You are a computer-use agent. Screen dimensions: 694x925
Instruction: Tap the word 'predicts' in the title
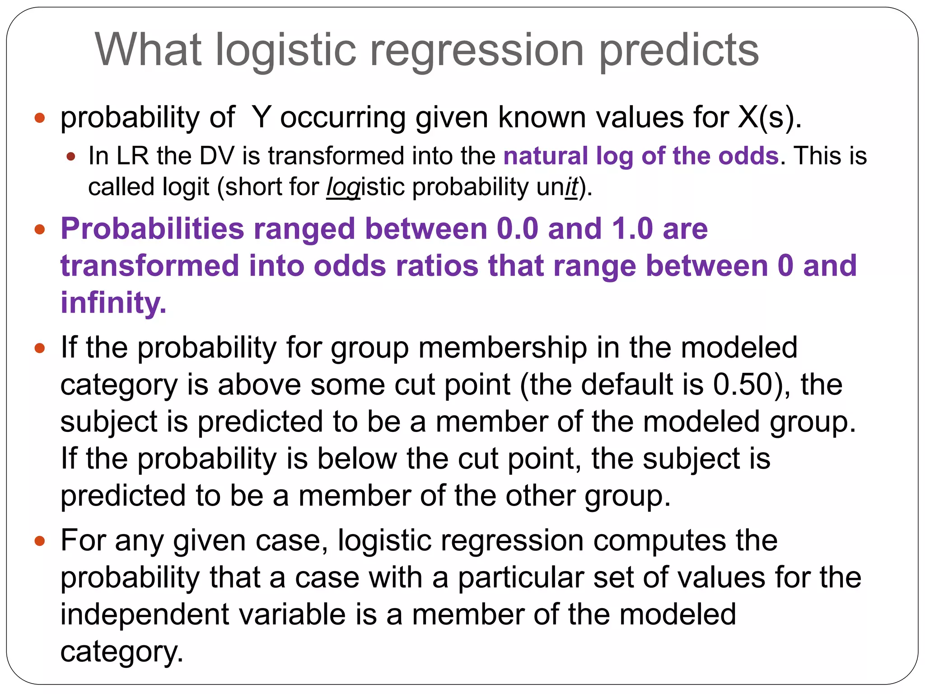tap(679, 51)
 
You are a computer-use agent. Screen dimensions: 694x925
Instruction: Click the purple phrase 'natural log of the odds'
tap(641, 156)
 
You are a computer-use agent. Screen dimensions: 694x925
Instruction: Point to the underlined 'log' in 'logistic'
tap(343, 187)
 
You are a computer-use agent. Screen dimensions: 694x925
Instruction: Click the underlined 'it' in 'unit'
tap(571, 187)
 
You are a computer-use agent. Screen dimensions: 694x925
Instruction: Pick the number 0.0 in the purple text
tap(517, 229)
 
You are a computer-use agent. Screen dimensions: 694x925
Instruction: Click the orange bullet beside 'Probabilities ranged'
tap(40, 230)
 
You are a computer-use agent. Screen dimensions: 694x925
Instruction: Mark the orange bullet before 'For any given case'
tap(40, 541)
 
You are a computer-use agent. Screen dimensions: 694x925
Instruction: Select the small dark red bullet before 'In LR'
tap(70, 157)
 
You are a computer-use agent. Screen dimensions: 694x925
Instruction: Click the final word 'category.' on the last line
tap(122, 652)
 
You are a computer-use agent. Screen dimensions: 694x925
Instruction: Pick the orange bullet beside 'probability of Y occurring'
tap(40, 118)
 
